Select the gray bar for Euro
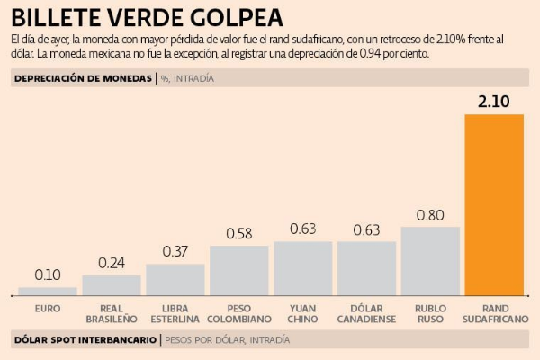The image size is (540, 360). (x=48, y=291)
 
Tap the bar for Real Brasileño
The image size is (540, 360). (x=112, y=284)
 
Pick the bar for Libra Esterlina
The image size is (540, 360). (x=175, y=279)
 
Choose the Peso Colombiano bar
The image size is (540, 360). (x=239, y=270)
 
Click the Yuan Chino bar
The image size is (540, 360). (x=303, y=268)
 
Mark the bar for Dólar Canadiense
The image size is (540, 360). (x=366, y=268)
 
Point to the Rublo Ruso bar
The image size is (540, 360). (x=430, y=260)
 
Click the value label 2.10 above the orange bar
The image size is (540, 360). (x=494, y=102)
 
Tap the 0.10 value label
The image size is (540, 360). (x=48, y=274)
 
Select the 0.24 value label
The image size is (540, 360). (x=112, y=263)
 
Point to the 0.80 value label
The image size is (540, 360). (x=430, y=214)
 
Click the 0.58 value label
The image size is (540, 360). (x=239, y=233)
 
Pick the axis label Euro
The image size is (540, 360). (x=48, y=308)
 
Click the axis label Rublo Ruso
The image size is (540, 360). (x=430, y=313)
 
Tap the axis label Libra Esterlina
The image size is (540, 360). (x=175, y=313)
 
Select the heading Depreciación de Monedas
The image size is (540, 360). (x=84, y=79)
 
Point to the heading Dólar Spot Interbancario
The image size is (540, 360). (x=84, y=340)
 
